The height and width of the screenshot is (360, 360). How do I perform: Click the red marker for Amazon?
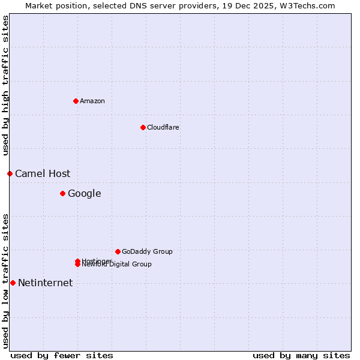(76, 101)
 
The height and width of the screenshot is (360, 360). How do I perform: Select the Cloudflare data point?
(143, 127)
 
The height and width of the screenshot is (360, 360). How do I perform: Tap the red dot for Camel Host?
(10, 173)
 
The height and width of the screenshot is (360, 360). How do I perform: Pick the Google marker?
(62, 193)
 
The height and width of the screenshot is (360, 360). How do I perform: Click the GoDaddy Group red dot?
(118, 251)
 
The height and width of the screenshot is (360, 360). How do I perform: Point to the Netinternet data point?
(13, 283)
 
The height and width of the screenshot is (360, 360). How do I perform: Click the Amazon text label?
(92, 101)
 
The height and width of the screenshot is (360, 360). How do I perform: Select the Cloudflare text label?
(163, 127)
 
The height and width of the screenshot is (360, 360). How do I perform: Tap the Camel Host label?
(43, 173)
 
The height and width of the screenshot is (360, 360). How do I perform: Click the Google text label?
(84, 193)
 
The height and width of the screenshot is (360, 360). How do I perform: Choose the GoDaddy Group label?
(147, 251)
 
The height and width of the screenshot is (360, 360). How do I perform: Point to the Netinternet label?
(45, 283)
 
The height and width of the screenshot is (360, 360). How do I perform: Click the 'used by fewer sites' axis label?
(62, 355)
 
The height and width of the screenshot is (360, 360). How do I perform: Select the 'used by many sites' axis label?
(301, 355)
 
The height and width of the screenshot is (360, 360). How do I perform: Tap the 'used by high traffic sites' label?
(5, 85)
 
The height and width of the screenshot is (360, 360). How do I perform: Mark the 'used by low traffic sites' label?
(5, 281)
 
